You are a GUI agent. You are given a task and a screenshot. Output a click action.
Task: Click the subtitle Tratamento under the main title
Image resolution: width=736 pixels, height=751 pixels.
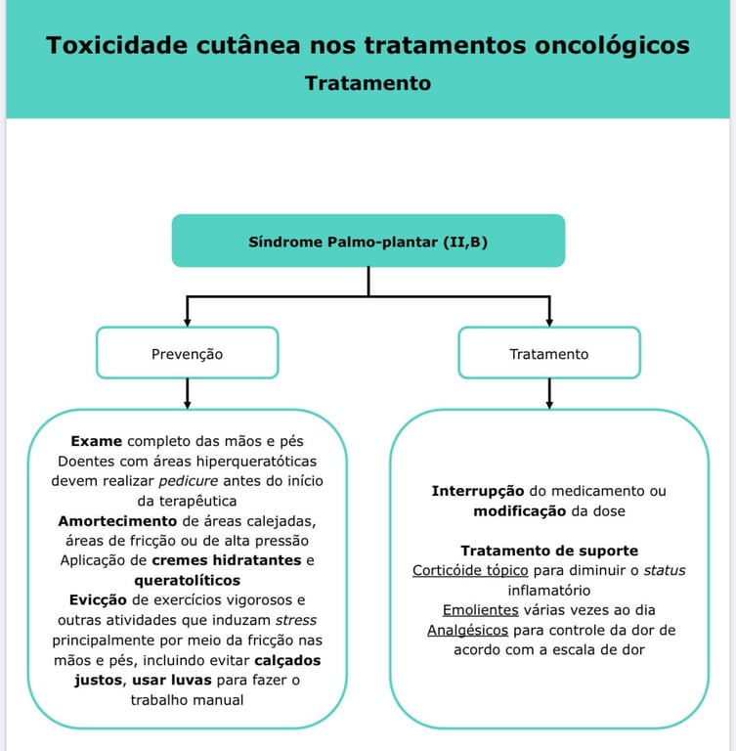click(x=368, y=83)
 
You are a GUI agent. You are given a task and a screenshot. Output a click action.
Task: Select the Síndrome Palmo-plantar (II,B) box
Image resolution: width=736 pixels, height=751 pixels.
click(x=368, y=241)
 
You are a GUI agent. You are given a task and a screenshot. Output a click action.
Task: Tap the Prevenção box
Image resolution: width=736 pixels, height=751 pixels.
click(x=187, y=353)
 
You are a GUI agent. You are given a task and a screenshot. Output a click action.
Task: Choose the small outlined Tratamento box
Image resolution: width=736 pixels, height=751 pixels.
click(x=549, y=353)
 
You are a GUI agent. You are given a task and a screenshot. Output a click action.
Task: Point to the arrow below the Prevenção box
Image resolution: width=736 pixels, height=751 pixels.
click(x=187, y=396)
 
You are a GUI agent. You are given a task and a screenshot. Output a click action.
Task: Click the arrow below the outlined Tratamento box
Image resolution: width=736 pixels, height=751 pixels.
click(x=549, y=396)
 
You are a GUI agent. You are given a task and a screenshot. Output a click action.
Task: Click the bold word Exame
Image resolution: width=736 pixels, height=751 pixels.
click(x=97, y=441)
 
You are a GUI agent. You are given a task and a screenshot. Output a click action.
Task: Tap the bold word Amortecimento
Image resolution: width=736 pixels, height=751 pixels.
click(x=117, y=520)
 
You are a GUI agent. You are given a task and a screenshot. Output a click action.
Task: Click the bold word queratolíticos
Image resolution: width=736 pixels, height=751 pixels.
click(x=187, y=580)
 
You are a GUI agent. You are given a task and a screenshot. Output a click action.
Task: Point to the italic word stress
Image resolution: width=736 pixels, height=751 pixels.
click(x=295, y=620)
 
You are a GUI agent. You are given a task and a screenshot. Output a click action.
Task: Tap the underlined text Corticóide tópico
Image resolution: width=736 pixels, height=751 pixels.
click(x=470, y=570)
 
